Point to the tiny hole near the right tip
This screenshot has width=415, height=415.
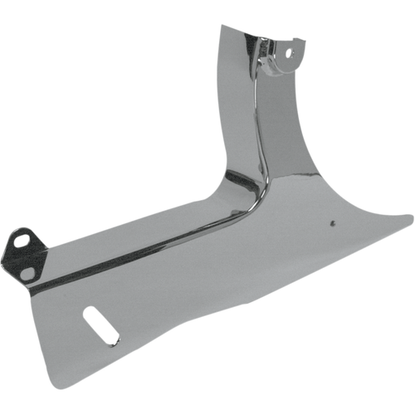coord(331,222)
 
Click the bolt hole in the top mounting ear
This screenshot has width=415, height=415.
coord(290,52)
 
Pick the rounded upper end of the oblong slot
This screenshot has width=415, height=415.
coord(90,314)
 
